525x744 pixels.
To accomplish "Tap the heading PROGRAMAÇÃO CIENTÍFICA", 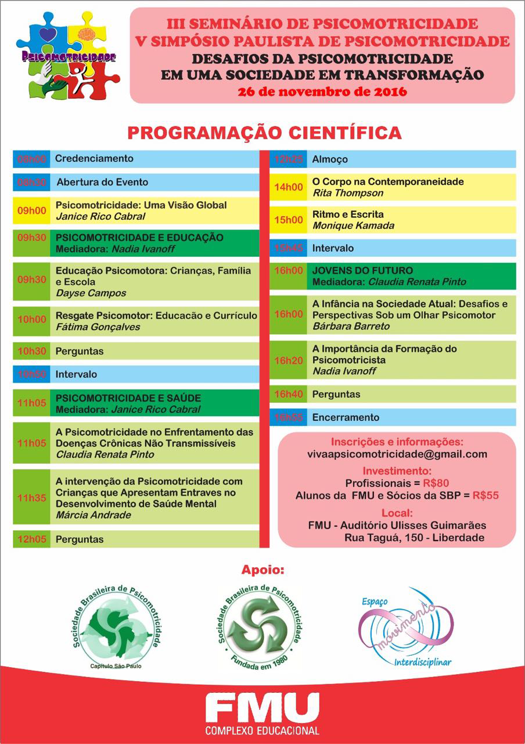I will pyautogui.click(x=264, y=133).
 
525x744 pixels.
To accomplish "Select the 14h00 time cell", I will pyautogui.click(x=289, y=187).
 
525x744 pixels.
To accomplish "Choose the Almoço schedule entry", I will pyautogui.click(x=330, y=159).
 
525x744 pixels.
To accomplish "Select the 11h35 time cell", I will pyautogui.click(x=31, y=498).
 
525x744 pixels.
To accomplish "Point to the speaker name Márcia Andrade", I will pyautogui.click(x=93, y=515).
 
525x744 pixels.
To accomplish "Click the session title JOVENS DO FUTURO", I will pyautogui.click(x=362, y=270).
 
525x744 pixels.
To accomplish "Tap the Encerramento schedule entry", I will pyautogui.click(x=346, y=417).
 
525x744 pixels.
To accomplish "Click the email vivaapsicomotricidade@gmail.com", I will pyautogui.click(x=397, y=454).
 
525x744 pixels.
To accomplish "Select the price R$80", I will pyautogui.click(x=437, y=483).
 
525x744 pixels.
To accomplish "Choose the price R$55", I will pyautogui.click(x=486, y=496).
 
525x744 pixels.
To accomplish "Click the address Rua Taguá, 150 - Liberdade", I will pyautogui.click(x=414, y=538).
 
